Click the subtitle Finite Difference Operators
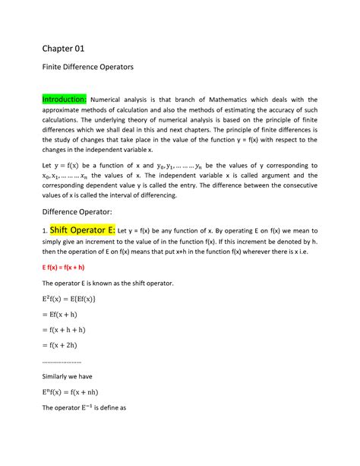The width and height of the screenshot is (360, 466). [87, 68]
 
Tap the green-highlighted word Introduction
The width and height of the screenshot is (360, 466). [65, 99]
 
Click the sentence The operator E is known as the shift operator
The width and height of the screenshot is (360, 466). [107, 283]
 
